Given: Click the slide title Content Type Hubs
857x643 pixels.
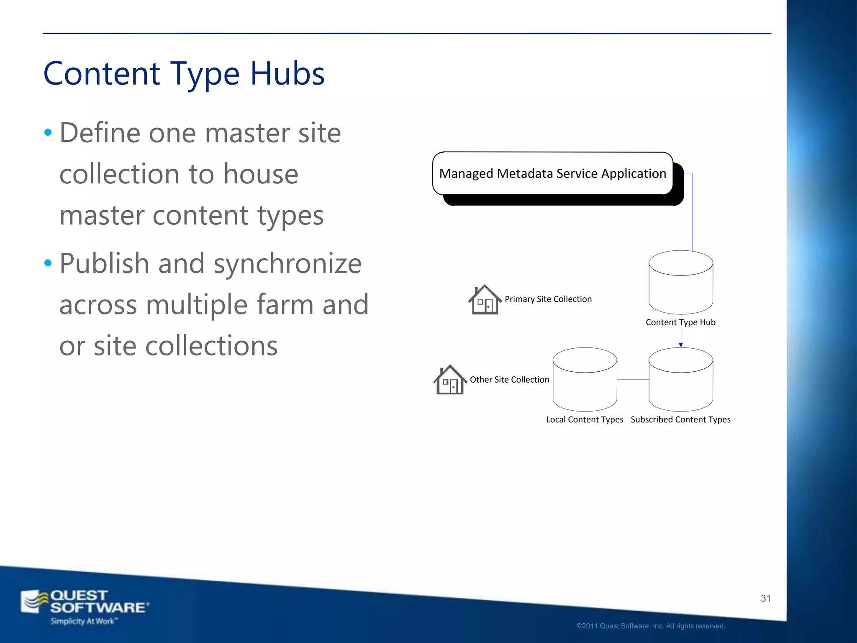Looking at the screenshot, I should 184,74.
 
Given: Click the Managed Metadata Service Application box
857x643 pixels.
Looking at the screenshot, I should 552,173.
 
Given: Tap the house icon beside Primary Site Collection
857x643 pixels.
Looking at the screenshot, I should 485,300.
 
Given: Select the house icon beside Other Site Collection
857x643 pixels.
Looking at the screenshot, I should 450,380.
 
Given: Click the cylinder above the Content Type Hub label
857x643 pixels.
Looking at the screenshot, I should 681,283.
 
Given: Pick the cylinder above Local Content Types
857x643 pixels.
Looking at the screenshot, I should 585,380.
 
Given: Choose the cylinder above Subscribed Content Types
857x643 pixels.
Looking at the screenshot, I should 681,380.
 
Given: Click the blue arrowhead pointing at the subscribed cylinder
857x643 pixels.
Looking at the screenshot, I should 681,345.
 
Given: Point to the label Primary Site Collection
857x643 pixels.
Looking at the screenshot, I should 548,299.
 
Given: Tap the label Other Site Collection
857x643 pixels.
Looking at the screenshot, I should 509,380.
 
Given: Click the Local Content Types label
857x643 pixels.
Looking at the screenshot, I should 585,419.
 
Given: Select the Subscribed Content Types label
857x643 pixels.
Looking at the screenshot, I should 680,419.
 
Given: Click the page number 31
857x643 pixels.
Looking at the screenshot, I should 766,598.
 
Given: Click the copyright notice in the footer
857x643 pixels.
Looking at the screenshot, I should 652,626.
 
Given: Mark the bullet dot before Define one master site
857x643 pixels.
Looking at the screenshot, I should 48,133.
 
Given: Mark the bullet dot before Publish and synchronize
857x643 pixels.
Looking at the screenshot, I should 48,263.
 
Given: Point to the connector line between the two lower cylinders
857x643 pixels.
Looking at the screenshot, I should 633,379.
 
